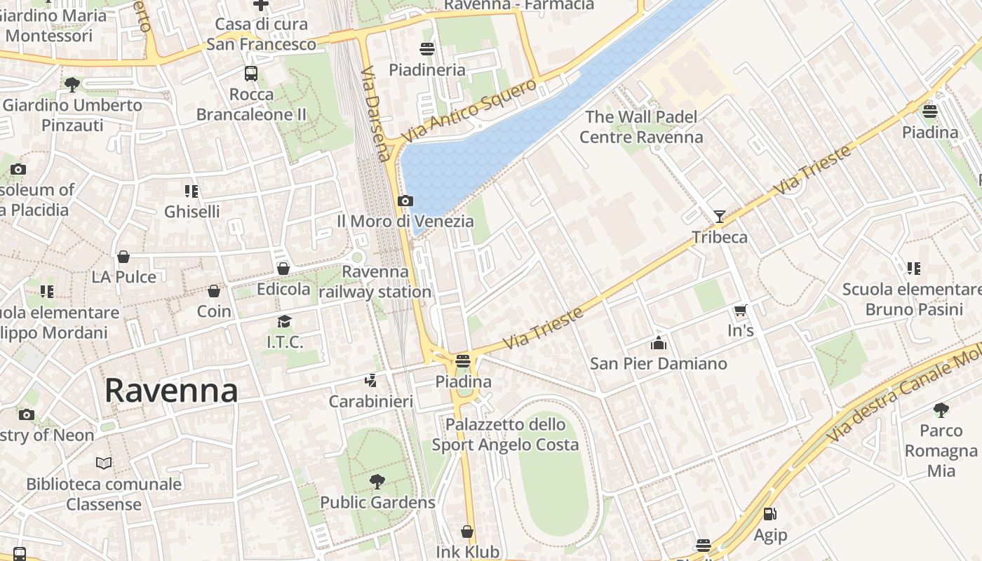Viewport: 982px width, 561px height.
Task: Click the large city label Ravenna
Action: pyautogui.click(x=171, y=391)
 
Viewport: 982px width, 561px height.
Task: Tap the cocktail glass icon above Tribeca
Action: pyautogui.click(x=720, y=216)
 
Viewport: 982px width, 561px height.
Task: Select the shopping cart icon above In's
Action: pyautogui.click(x=740, y=310)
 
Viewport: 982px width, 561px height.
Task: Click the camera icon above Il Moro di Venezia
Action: pyautogui.click(x=405, y=201)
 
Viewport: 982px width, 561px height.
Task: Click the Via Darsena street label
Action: pyautogui.click(x=376, y=114)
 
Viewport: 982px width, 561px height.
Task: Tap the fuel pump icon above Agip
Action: pyautogui.click(x=769, y=514)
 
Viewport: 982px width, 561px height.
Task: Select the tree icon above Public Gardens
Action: pyautogui.click(x=377, y=482)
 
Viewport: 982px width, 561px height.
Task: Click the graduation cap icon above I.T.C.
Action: pyautogui.click(x=284, y=321)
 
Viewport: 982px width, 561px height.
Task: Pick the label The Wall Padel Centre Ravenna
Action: pyautogui.click(x=641, y=127)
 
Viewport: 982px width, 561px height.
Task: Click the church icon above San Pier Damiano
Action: pyautogui.click(x=658, y=343)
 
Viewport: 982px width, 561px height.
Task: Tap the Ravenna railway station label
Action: pyautogui.click(x=375, y=281)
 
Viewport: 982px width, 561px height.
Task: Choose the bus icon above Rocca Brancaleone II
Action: pyautogui.click(x=251, y=73)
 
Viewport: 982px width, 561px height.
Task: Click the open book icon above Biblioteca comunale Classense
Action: pyautogui.click(x=104, y=463)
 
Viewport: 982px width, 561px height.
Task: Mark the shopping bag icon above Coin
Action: pyautogui.click(x=214, y=290)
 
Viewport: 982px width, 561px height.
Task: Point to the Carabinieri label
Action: pyautogui.click(x=371, y=402)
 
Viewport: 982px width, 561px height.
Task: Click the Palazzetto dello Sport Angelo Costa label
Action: pyautogui.click(x=505, y=434)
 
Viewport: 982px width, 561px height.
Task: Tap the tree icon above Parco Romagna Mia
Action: pyautogui.click(x=941, y=410)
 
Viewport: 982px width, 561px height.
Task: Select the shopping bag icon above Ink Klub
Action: pyautogui.click(x=467, y=532)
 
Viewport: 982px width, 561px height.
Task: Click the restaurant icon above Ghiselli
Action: pyautogui.click(x=191, y=191)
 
